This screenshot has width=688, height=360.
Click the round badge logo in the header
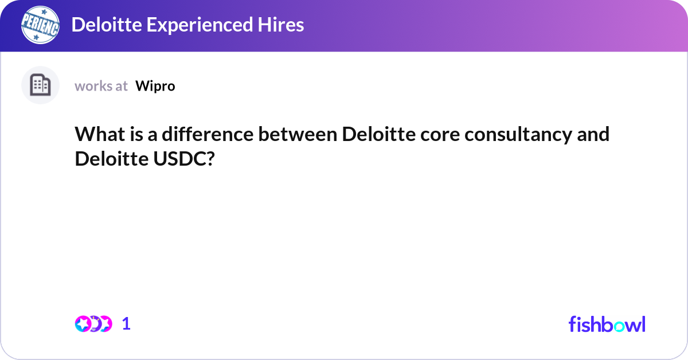point(40,25)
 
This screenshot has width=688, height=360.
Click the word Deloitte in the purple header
point(104,25)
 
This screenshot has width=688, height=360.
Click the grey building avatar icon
point(40,85)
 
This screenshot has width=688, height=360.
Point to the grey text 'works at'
point(101,86)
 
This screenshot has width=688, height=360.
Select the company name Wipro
point(155,86)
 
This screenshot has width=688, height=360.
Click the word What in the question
point(97,135)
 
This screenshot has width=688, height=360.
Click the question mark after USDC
point(210,159)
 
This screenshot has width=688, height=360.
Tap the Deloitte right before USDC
point(109,159)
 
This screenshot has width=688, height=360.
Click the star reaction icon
point(83,324)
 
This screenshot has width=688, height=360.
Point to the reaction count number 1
point(127,324)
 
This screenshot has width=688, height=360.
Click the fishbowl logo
point(607,324)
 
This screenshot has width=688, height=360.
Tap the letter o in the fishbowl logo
point(620,325)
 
